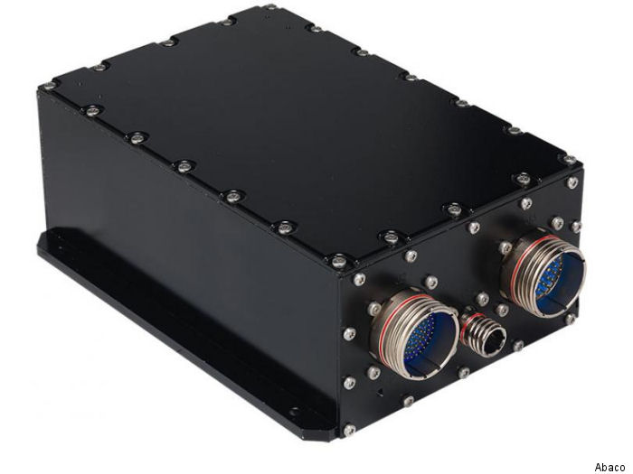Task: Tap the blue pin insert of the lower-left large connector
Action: tap(428, 343)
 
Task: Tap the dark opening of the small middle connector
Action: tap(495, 342)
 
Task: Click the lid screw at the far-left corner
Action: tap(49, 85)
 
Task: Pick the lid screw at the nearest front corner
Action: tap(338, 261)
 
